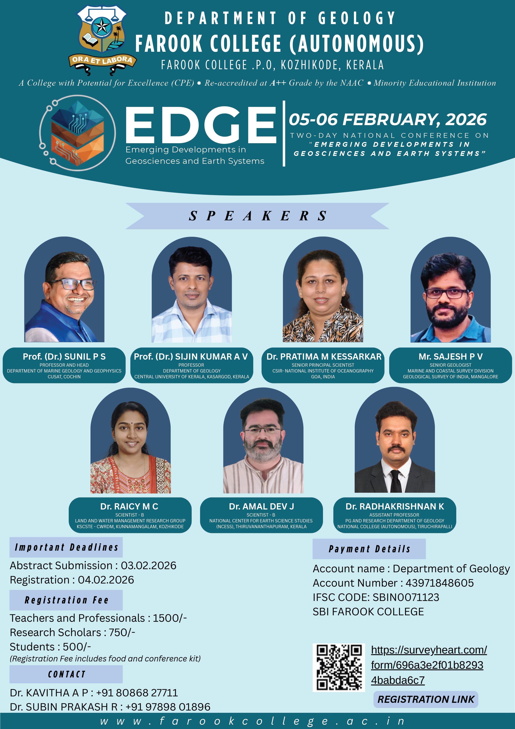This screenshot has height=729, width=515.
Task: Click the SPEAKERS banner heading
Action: [257, 216]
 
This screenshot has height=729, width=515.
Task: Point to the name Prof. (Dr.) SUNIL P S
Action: [64, 356]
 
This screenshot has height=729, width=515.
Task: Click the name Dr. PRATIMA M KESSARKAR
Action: [324, 356]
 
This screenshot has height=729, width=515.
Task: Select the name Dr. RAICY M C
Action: [129, 506]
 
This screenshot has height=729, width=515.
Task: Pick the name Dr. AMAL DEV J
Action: [261, 506]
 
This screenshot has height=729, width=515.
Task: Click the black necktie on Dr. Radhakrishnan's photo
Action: [395, 481]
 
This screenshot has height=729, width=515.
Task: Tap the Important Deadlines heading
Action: [66, 547]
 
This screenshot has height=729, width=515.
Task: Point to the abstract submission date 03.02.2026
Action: [148, 565]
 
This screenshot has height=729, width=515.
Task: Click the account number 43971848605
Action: [439, 583]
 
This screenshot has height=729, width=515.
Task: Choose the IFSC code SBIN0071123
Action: [406, 597]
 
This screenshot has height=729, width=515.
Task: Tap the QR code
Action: [339, 668]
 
